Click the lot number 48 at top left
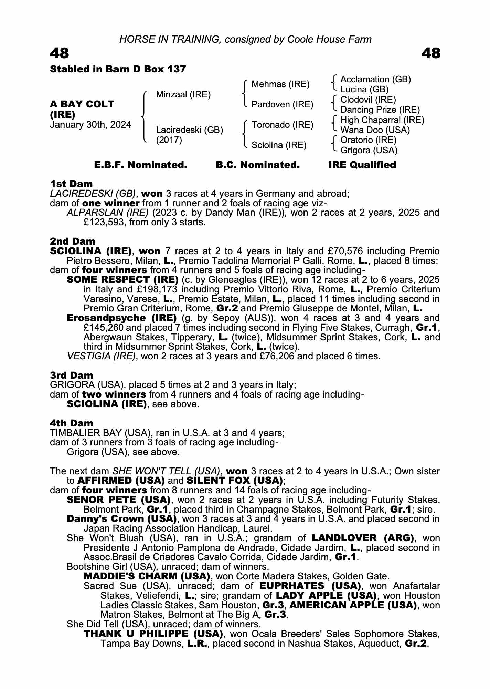click(60, 53)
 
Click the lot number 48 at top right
click(430, 53)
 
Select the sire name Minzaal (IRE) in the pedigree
click(183, 94)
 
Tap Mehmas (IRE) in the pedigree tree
click(280, 84)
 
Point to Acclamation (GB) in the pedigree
click(375, 80)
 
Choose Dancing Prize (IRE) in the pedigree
click(380, 110)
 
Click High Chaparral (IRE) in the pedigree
click(382, 120)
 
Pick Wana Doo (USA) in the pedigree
click(375, 130)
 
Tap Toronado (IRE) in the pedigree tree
click(282, 125)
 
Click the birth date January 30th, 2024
click(90, 125)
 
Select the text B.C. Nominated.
click(258, 165)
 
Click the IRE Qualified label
click(362, 165)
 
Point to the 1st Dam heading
click(71, 184)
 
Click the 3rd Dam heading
click(72, 375)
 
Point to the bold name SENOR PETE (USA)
click(118, 500)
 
